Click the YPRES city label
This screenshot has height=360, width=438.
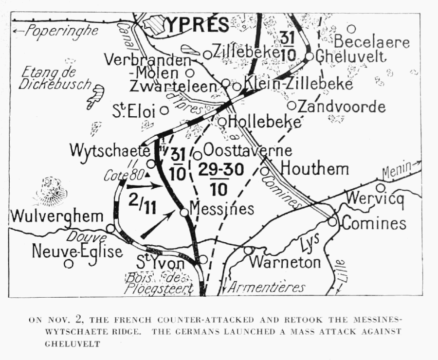point(197,24)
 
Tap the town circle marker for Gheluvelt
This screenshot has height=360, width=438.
point(309,56)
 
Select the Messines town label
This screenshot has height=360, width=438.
point(222,209)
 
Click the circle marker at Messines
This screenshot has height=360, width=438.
point(184,212)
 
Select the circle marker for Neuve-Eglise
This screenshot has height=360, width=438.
point(69,264)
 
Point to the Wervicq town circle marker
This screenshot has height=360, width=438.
point(380,187)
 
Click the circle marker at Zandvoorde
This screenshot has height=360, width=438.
point(292,105)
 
